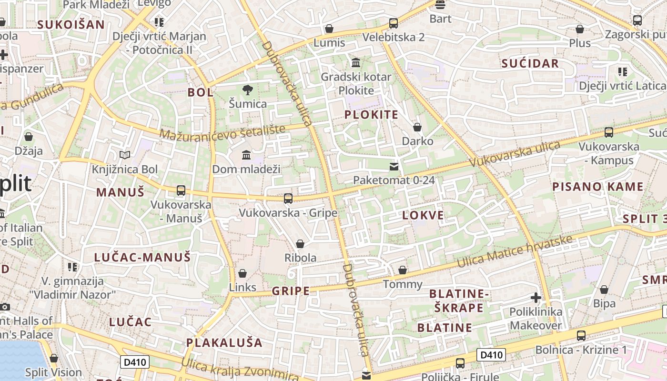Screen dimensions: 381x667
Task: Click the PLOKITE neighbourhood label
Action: pos(371,115)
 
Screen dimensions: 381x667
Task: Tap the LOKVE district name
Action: pos(423,215)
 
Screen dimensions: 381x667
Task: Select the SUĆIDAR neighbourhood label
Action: pos(530,64)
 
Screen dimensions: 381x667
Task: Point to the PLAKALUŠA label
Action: pos(224,342)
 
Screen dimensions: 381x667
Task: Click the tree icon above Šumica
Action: pos(247,90)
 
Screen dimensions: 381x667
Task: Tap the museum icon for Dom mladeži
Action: pos(246,155)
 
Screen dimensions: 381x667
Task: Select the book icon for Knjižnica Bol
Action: pos(125,155)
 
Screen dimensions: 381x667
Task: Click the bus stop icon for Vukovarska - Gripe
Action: pos(288,198)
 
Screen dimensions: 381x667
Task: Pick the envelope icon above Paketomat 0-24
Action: pos(394,166)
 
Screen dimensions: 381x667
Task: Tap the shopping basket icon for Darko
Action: pos(417,127)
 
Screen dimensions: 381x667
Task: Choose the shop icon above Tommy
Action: pos(403,270)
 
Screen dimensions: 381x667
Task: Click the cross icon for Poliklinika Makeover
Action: pos(536,298)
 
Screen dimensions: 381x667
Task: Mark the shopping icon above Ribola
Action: pos(300,244)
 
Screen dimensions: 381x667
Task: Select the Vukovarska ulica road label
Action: pos(514,153)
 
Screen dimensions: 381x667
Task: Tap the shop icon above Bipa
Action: pos(604,289)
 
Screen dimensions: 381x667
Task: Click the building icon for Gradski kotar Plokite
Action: pos(356,62)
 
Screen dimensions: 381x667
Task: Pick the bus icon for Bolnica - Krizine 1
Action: pos(581,335)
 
